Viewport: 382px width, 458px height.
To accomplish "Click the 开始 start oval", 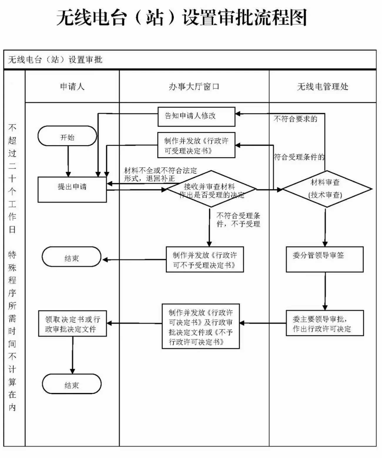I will point(67,136).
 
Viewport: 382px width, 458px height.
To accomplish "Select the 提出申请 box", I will point(72,189).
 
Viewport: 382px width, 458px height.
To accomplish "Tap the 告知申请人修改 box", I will point(196,117).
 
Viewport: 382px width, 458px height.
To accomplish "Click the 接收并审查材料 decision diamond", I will point(211,189).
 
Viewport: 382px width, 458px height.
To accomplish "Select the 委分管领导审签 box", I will point(325,259).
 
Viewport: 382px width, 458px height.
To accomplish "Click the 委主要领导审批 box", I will point(325,323).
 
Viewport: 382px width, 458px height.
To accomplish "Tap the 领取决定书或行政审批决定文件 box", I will point(72,323).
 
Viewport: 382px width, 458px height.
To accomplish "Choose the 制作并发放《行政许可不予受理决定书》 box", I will point(205,259).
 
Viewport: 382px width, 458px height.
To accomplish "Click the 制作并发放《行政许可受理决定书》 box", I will point(196,145).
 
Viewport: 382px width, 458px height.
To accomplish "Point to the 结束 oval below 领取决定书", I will point(72,384).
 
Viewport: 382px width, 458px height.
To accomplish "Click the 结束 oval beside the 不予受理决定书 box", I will point(71,257).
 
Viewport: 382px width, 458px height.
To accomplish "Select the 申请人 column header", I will point(72,87).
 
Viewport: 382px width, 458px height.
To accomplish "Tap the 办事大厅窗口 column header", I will point(194,87).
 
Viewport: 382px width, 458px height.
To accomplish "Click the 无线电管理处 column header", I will point(323,87).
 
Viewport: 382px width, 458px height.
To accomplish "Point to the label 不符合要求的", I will point(295,119).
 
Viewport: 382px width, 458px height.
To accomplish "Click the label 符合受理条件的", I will point(299,157).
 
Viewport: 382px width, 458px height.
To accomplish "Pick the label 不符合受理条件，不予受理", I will point(238,220).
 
